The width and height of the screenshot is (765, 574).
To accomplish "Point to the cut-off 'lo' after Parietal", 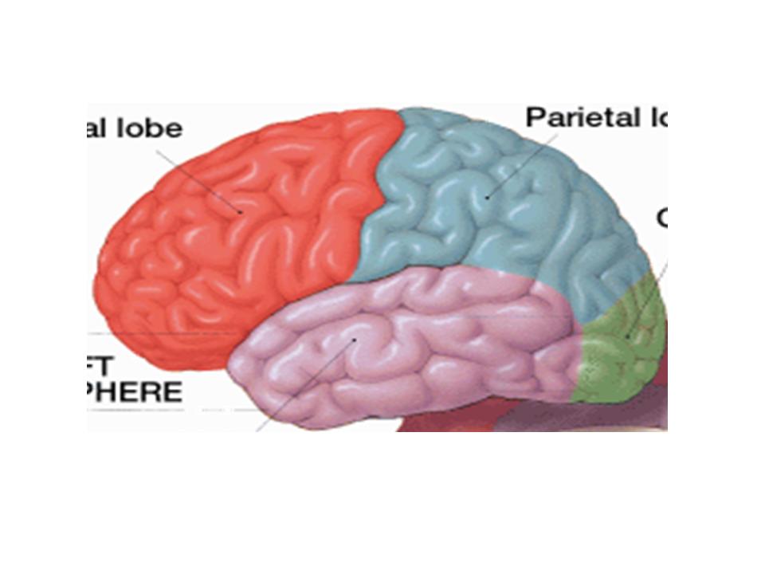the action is pyautogui.click(x=652, y=118).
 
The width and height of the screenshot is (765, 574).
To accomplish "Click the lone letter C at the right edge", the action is pyautogui.click(x=661, y=217).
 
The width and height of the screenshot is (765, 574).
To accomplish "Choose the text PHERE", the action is pyautogui.click(x=135, y=392).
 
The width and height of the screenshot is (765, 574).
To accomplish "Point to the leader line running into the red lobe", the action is pyautogui.click(x=199, y=179).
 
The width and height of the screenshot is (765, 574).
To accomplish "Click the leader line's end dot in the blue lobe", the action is pyautogui.click(x=487, y=195).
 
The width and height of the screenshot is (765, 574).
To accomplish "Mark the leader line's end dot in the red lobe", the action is pyautogui.click(x=241, y=211).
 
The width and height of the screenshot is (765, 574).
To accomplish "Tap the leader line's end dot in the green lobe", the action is pyautogui.click(x=627, y=336).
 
